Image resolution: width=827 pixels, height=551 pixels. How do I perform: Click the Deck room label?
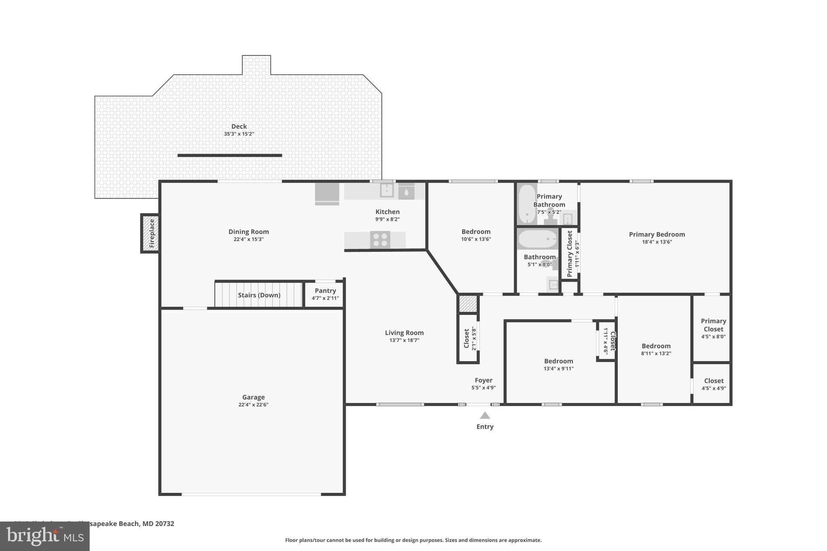coord(239,126)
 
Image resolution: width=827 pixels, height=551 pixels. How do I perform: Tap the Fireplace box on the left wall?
coord(150,233)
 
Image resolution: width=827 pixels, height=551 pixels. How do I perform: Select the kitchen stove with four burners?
coord(380,240)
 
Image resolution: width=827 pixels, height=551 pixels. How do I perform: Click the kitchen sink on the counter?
coord(386,190)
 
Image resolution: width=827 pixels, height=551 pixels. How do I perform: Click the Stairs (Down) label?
coord(259,295)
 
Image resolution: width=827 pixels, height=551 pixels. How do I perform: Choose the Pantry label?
coord(325,291)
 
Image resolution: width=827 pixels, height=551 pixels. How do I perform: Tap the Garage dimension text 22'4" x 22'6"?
coord(253,404)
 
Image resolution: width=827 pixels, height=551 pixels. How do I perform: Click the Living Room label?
coord(404,333)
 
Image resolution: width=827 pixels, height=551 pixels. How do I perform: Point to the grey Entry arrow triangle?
coord(485,415)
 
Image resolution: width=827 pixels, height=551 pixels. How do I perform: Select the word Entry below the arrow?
coord(485,427)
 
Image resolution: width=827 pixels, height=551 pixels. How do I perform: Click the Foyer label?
coord(483,380)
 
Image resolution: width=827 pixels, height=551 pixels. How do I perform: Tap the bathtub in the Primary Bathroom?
coord(527,204)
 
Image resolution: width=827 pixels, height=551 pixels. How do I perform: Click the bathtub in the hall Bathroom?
coord(537,239)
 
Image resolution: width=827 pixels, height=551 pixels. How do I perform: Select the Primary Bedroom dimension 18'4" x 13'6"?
coord(657,242)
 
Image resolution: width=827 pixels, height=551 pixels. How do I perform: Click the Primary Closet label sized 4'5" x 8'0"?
coord(713,325)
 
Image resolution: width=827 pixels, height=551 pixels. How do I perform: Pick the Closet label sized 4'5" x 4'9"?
coord(714,381)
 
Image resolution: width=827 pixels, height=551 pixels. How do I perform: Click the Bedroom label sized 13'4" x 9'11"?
coord(558,361)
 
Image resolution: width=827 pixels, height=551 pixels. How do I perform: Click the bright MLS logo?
coord(44,536)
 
